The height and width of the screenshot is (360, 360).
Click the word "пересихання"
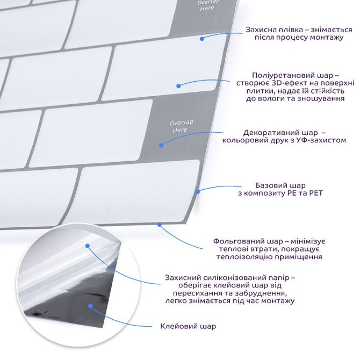[x=196, y=294]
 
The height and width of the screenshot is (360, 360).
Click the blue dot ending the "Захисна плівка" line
[x=202, y=39]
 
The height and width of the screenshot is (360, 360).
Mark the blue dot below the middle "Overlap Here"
[x=161, y=145]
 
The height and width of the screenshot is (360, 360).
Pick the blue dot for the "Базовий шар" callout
[x=198, y=191]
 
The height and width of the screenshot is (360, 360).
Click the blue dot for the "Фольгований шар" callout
[x=159, y=224]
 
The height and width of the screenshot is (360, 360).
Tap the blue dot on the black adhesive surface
[x=91, y=306]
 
